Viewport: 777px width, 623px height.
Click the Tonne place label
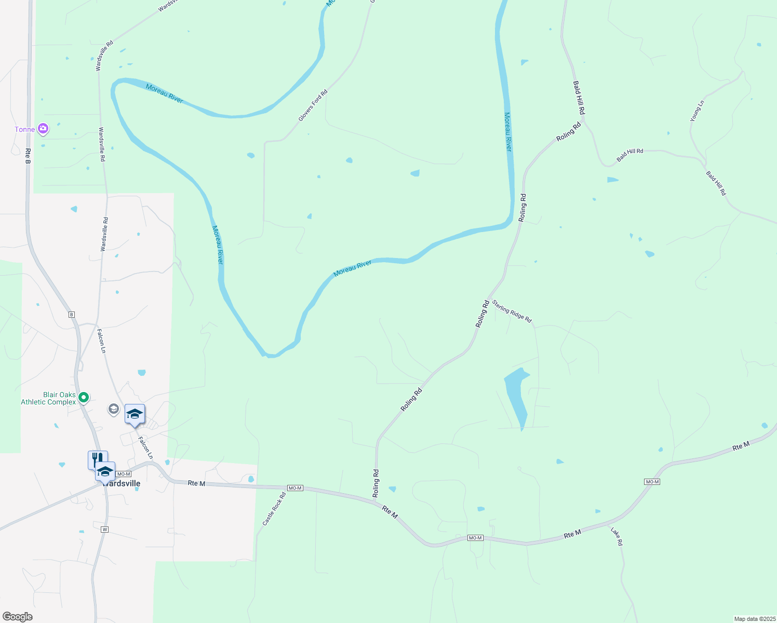click(x=24, y=129)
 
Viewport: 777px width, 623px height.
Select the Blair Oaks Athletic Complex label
click(x=48, y=398)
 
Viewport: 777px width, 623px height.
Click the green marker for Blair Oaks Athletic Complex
click(x=84, y=398)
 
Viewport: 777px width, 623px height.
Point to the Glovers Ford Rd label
click(x=313, y=106)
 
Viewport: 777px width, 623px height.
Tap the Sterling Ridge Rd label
click(x=512, y=311)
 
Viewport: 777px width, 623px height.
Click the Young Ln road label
click(x=697, y=111)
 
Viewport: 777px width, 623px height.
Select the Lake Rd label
click(x=617, y=536)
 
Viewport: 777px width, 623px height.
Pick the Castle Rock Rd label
click(x=274, y=509)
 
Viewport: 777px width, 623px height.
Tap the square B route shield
click(x=72, y=315)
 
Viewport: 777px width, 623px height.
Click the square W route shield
click(x=104, y=530)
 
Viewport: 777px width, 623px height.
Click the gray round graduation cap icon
click(x=113, y=409)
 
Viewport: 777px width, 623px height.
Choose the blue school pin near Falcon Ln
click(x=135, y=414)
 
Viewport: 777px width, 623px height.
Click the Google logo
click(x=18, y=617)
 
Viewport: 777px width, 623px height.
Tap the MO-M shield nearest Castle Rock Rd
click(x=295, y=488)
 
